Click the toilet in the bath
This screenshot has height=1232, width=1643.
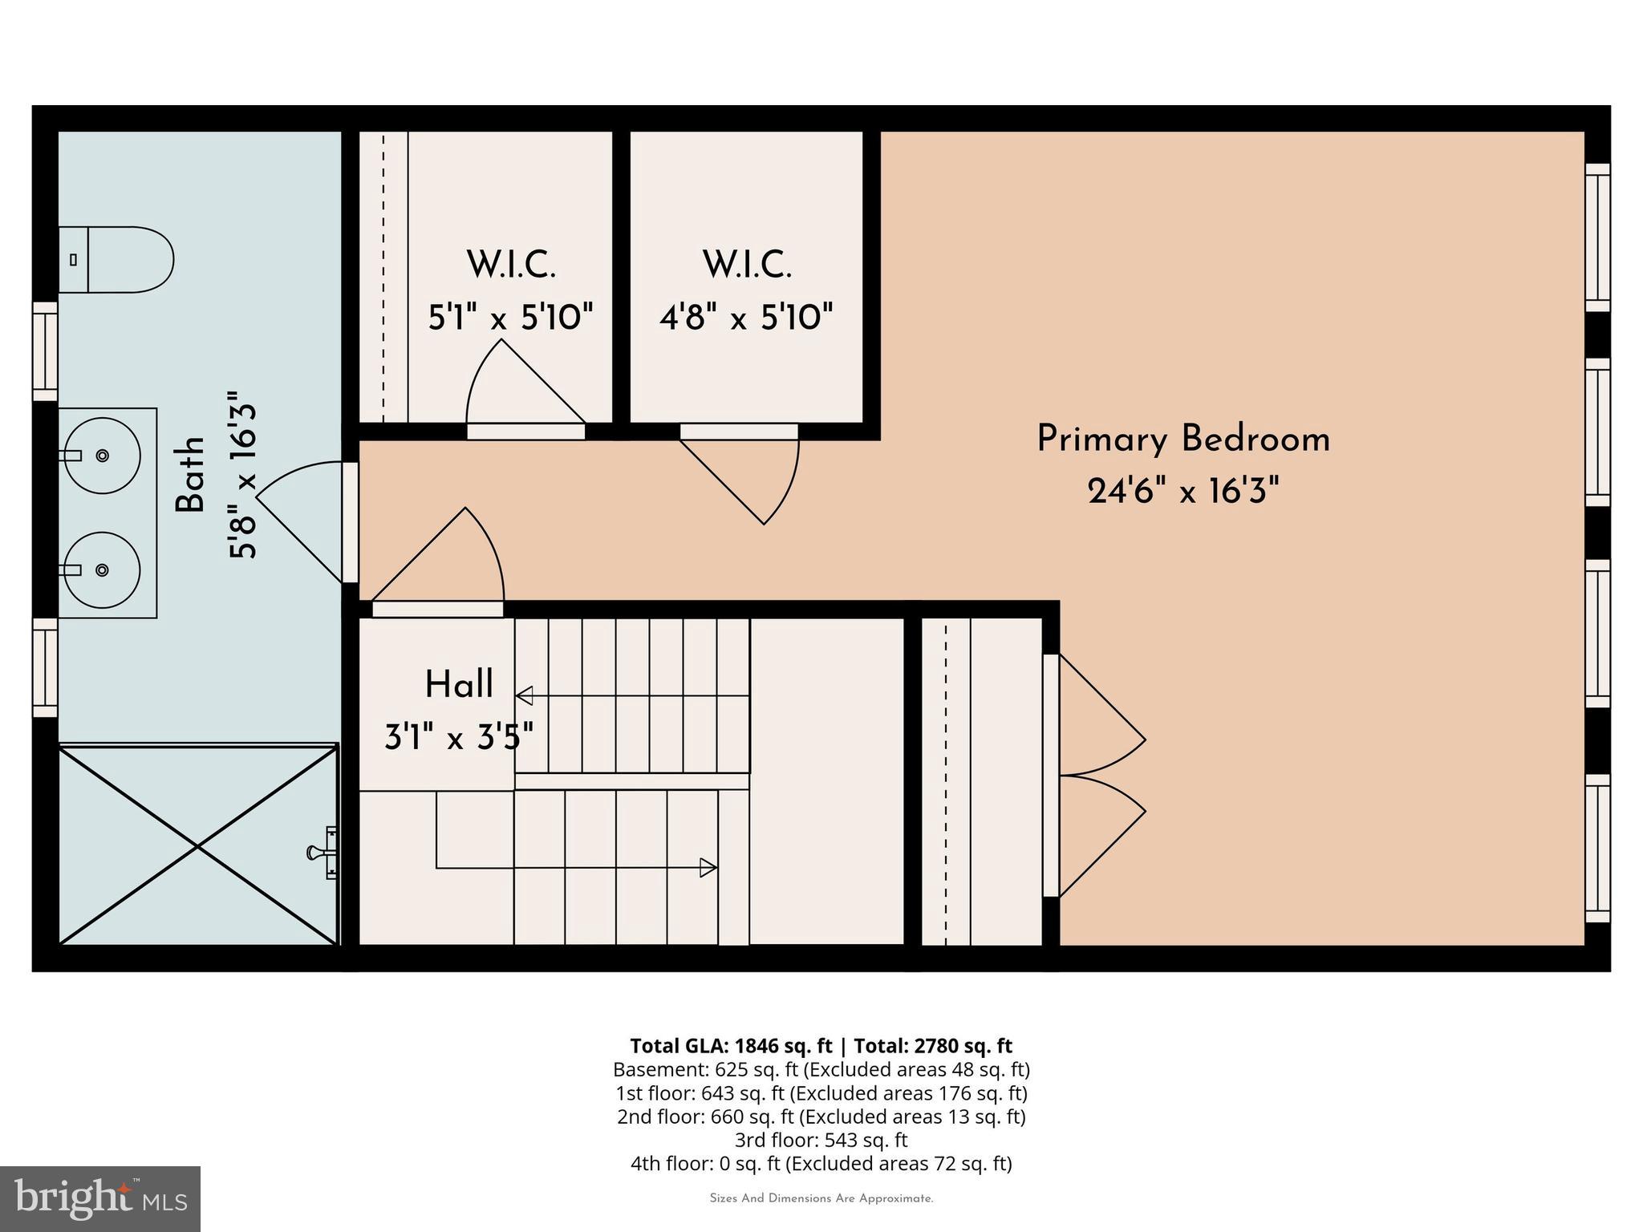tap(120, 259)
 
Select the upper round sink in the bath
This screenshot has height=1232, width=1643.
tap(103, 455)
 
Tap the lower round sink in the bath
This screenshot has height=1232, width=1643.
tap(103, 569)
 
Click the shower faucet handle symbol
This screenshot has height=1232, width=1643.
tap(323, 853)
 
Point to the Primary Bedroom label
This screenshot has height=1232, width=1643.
tap(1183, 440)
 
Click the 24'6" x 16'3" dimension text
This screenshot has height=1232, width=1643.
tap(1183, 490)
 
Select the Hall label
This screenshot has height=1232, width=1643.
tap(458, 685)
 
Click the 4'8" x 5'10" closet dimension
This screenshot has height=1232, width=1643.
tap(746, 318)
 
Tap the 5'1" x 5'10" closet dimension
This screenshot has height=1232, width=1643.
tap(510, 318)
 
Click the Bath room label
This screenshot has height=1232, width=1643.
tap(191, 475)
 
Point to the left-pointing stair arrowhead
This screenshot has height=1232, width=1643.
tap(525, 695)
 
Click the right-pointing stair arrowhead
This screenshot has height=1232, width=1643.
tap(708, 867)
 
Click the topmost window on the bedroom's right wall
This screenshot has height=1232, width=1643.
tap(1597, 237)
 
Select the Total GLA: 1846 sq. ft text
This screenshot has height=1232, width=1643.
tap(730, 1046)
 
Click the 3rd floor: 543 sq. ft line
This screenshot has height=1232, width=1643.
tap(821, 1140)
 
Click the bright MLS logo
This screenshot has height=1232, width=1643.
tap(100, 1198)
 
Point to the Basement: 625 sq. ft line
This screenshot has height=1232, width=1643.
tap(821, 1069)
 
